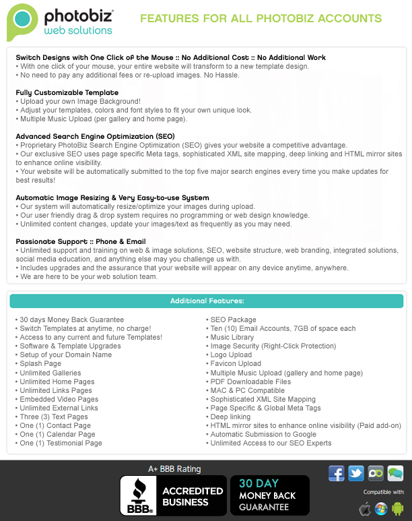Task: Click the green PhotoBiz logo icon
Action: pos(22,22)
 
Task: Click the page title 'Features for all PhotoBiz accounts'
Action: pos(261,19)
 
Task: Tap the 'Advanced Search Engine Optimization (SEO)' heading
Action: pos(95,136)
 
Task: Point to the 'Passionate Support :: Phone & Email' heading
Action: pos(81,241)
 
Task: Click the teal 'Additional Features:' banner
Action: pos(207,301)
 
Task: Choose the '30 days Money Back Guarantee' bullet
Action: pos(71,319)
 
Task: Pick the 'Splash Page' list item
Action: pos(40,363)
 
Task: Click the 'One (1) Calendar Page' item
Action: pos(57,434)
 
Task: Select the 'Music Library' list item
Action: pos(232,337)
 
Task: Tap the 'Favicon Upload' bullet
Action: pos(236,363)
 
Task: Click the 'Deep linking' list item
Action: pos(230,417)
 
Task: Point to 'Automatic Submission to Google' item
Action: pos(263,434)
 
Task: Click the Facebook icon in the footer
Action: pos(337,473)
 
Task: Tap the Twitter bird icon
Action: pos(356,473)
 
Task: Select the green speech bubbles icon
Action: pos(395,473)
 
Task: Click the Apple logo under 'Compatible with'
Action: pos(365,508)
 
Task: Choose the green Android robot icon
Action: pos(398,508)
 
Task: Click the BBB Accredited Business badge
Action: pos(172,495)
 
